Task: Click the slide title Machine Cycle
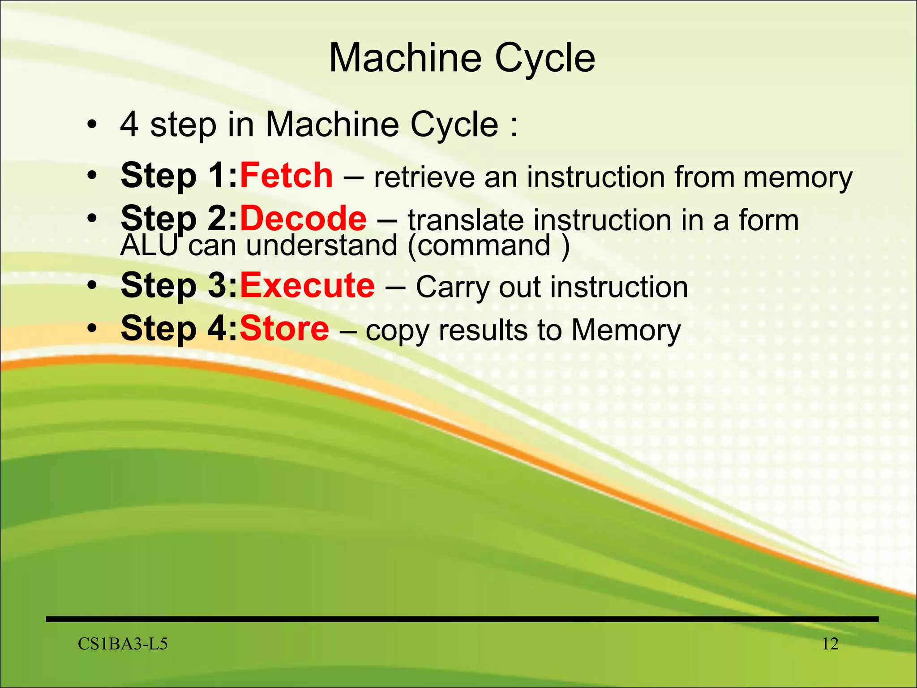click(462, 58)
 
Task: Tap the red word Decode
click(303, 218)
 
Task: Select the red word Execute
click(307, 285)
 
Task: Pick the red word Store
click(284, 328)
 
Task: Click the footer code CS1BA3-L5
click(123, 644)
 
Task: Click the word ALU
click(149, 245)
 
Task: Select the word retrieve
click(424, 177)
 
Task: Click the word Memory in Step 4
click(626, 331)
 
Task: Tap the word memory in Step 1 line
click(797, 178)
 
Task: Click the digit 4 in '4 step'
click(129, 125)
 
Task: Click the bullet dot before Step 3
click(92, 285)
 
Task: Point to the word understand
click(321, 245)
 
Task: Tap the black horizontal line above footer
click(462, 619)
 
